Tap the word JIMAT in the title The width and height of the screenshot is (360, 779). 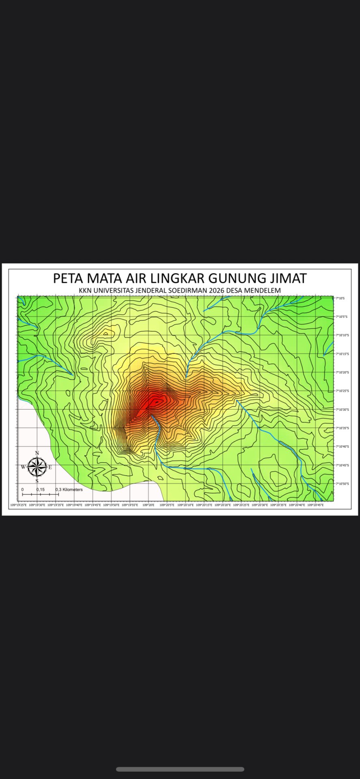point(286,278)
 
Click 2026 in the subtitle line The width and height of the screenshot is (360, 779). point(215,291)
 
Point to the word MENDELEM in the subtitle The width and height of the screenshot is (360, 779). point(262,291)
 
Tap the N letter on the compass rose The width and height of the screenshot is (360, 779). point(37,453)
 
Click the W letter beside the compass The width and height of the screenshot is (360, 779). point(23,467)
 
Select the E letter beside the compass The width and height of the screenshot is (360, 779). point(50,467)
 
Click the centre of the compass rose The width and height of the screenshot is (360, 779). point(37,467)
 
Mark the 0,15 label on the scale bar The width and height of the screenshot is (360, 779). point(40,490)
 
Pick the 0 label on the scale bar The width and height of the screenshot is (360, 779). point(22,490)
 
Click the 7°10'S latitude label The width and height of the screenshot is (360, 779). point(340,298)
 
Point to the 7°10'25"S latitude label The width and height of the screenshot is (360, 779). point(342,391)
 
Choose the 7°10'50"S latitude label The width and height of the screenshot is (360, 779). point(342,484)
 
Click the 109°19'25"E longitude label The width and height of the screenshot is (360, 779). point(18,505)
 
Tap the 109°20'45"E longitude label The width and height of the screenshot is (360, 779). point(315,505)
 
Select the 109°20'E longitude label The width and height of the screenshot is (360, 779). point(148,505)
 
